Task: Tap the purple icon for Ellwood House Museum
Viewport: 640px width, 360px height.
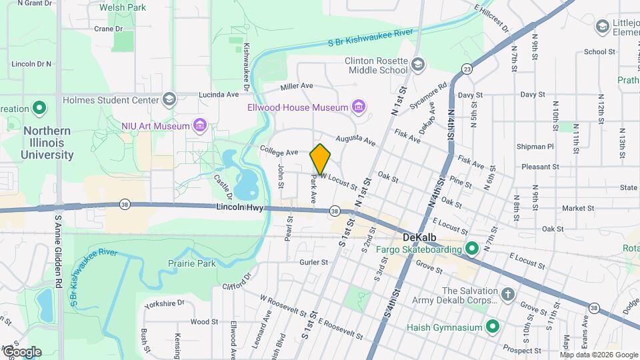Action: [359, 107]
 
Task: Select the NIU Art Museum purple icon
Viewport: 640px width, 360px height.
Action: [199, 125]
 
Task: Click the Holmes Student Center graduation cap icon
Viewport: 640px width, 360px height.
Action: [169, 101]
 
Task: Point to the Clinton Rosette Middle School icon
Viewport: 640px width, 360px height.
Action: [418, 65]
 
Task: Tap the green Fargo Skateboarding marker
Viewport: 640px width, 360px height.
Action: [472, 249]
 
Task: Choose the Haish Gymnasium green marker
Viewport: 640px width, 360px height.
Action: [492, 327]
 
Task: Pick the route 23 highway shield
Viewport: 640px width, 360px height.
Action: [467, 69]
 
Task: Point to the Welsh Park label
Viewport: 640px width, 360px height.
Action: [122, 8]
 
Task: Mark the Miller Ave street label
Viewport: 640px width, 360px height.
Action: [297, 86]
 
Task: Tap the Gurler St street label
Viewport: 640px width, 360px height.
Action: [313, 262]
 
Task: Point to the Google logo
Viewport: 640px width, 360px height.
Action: [21, 351]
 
